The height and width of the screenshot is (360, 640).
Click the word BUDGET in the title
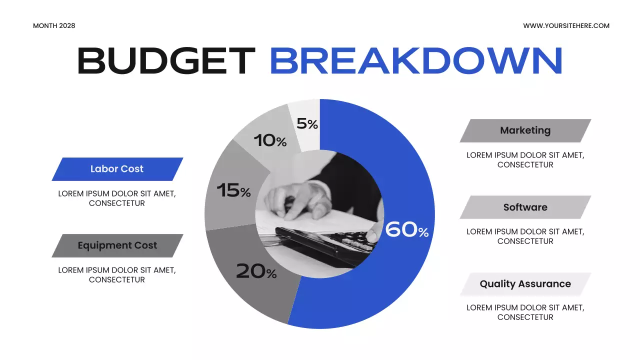(x=166, y=61)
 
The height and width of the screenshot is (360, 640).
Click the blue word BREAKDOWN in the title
(x=416, y=61)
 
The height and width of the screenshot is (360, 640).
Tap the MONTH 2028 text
(x=54, y=25)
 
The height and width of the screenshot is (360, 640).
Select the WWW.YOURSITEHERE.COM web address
(x=566, y=25)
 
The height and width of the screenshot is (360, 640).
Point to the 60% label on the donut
(x=407, y=229)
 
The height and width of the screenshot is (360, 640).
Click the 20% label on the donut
(x=256, y=271)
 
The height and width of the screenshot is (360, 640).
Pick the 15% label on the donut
(x=233, y=190)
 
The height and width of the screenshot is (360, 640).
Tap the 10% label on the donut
(x=270, y=140)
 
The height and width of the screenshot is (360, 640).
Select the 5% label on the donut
(x=307, y=123)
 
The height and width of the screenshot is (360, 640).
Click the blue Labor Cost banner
(x=117, y=169)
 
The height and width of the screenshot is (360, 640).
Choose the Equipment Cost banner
(x=117, y=245)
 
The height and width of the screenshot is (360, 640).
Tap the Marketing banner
(x=525, y=130)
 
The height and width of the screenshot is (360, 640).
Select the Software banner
(x=525, y=207)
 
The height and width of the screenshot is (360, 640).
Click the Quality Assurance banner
(x=525, y=284)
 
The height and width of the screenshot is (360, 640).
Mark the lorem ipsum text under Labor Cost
(x=117, y=198)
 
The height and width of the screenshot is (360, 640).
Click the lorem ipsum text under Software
(x=525, y=236)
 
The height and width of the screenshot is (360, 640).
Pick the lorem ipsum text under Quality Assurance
(x=525, y=312)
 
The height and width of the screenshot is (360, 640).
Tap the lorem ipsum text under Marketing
(x=525, y=159)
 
